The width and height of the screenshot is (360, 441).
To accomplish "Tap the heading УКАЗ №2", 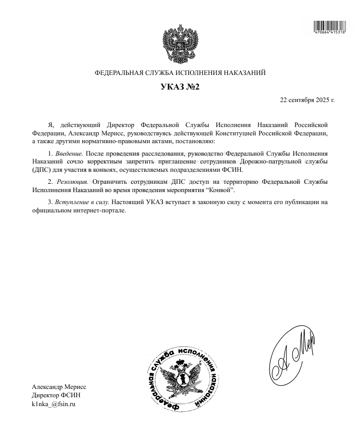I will pos(179,87).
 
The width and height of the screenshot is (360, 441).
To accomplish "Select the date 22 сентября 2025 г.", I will pos(307,99).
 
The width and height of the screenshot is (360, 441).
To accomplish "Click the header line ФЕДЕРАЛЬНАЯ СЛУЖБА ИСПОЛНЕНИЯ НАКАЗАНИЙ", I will pos(180,73).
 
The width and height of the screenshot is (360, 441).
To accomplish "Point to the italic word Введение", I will pos(69,154).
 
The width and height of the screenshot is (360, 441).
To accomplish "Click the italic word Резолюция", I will pos(72,181).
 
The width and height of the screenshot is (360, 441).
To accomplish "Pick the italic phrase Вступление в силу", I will pos(83,201).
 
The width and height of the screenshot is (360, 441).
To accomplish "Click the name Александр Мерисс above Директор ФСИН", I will pos(59,387).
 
